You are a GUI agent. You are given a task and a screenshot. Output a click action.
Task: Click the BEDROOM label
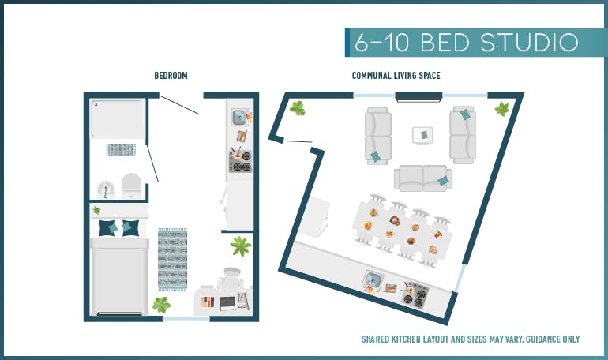(x=171, y=75)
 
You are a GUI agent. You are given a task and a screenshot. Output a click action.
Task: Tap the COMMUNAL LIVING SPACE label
(x=396, y=75)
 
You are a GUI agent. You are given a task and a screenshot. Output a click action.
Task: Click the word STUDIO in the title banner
(x=529, y=43)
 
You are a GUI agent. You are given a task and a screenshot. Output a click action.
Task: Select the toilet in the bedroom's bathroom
(x=131, y=186)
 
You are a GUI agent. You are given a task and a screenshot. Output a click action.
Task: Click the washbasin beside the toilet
(x=106, y=189)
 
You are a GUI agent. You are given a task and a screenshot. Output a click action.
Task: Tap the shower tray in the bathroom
(x=118, y=118)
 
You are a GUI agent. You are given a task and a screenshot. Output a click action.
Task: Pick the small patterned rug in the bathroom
(x=121, y=149)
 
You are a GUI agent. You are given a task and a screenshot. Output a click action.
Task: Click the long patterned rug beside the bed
(x=173, y=259)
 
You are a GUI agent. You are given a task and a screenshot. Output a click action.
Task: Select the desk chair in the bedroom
(x=231, y=277)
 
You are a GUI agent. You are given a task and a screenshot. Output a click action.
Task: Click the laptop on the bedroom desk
(x=227, y=303)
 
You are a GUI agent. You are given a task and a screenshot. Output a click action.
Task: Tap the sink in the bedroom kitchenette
(x=239, y=117)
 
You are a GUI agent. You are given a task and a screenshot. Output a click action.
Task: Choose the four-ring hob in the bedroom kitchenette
(x=241, y=161)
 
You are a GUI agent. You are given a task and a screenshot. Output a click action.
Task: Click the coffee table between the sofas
(x=422, y=135)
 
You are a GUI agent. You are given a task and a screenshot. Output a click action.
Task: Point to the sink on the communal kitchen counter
(x=373, y=279)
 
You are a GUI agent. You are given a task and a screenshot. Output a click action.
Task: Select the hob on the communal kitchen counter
(x=415, y=295)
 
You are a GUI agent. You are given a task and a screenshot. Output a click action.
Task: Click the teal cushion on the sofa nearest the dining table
(x=443, y=181)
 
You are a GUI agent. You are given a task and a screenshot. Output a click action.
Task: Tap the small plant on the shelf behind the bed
(x=96, y=211)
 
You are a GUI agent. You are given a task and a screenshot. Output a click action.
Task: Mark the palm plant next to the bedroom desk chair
(x=240, y=246)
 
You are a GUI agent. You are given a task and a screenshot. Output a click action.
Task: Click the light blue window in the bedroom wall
(x=186, y=319)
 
